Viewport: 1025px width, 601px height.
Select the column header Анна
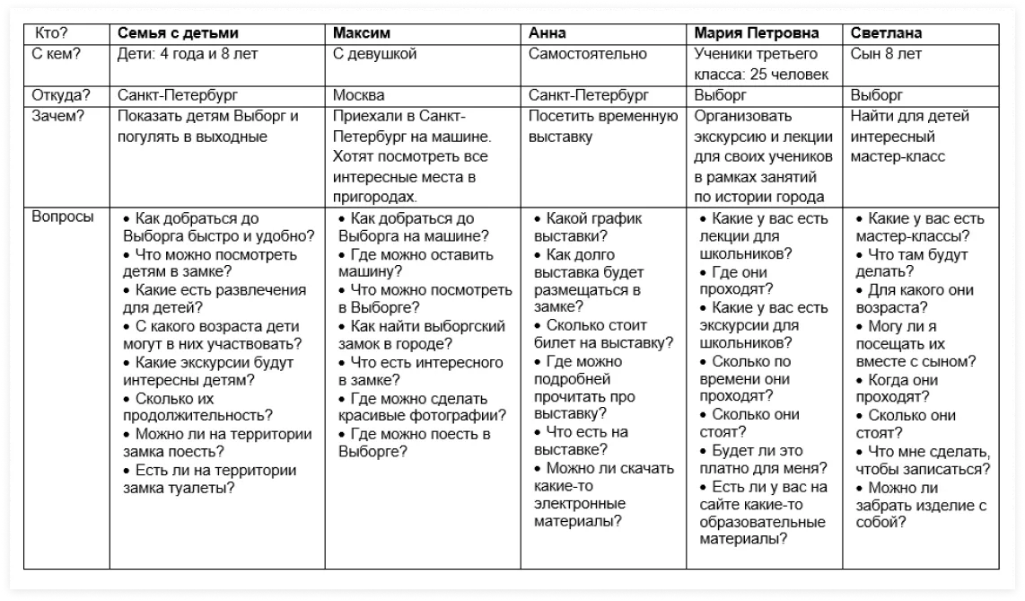coord(548,33)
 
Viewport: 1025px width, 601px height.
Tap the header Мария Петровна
coord(757,33)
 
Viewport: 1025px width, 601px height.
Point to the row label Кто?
coord(50,33)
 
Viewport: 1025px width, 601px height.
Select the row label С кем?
coord(56,54)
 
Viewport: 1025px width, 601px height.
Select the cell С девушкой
coord(375,54)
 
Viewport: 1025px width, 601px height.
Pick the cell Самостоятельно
coord(587,54)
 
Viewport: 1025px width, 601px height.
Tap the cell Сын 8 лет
coord(886,54)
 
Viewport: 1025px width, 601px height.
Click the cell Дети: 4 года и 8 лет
coord(188,54)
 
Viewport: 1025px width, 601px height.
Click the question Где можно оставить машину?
coord(416,263)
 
